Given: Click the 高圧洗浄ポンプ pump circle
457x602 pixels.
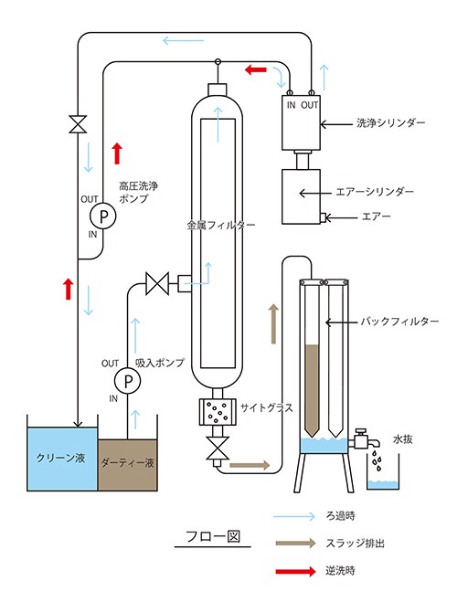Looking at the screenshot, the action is (x=102, y=216).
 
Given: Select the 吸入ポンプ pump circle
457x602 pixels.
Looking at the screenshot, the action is (x=127, y=380).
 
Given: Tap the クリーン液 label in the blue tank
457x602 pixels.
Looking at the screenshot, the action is (x=60, y=458).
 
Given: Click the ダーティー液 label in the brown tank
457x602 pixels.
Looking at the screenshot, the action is (x=127, y=462).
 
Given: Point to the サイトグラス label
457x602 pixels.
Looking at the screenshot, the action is (x=267, y=407).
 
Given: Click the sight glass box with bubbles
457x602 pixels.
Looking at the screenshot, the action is (x=217, y=412).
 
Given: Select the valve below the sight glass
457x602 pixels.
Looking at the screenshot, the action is (x=218, y=448).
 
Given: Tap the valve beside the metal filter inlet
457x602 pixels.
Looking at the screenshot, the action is (x=157, y=283).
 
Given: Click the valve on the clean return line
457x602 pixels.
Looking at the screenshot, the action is (x=78, y=124).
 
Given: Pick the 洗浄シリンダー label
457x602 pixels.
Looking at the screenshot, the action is (x=391, y=122).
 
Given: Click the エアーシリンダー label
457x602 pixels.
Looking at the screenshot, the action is (x=375, y=192).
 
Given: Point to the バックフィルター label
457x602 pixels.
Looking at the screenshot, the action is (x=399, y=321).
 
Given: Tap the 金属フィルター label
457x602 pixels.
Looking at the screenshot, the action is (x=221, y=225).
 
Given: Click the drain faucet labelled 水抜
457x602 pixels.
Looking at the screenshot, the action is (x=365, y=438).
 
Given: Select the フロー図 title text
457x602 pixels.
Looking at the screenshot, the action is (x=213, y=536).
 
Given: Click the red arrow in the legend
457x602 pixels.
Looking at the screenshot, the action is (x=295, y=571).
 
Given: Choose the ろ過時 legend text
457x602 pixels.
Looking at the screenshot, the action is (x=341, y=516).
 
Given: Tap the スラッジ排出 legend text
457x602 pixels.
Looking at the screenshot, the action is (x=356, y=544).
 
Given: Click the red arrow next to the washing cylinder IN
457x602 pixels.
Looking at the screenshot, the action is (x=256, y=69).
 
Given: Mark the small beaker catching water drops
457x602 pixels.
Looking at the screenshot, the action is (x=383, y=472).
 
